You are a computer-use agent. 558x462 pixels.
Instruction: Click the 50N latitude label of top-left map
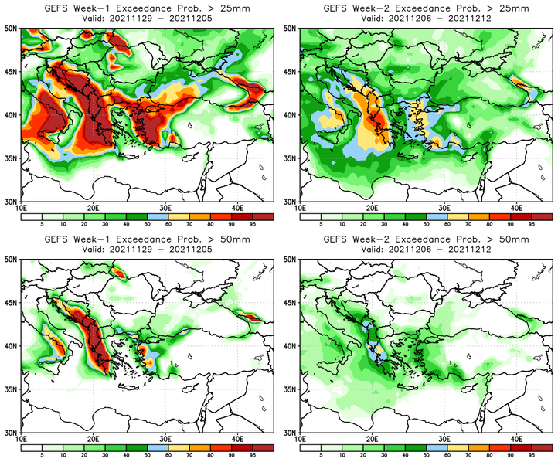[x=12, y=28]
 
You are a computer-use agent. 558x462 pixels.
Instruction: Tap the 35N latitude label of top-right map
[x=291, y=158]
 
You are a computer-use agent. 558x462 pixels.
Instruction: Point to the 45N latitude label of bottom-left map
[x=12, y=302]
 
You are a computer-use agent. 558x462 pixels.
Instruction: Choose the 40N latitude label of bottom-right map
[x=291, y=345]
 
